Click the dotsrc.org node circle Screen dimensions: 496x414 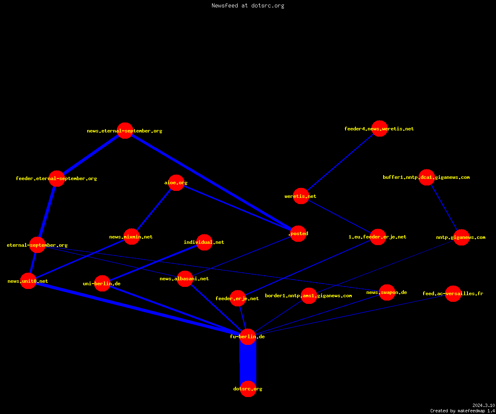pyautogui.click(x=248, y=389)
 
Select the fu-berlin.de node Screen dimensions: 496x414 pyautogui.click(x=248, y=337)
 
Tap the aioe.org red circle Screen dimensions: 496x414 pyautogui.click(x=176, y=183)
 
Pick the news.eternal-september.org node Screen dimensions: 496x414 pyautogui.click(x=125, y=131)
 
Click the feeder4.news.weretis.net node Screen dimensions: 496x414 pyautogui.click(x=379, y=128)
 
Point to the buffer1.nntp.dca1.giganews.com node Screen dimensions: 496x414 pyautogui.click(x=427, y=177)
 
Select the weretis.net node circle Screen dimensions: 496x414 pyautogui.click(x=301, y=196)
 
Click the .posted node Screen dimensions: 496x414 pyautogui.click(x=298, y=233)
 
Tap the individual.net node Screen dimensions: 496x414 pyautogui.click(x=204, y=242)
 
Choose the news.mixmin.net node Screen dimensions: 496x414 pyautogui.click(x=131, y=237)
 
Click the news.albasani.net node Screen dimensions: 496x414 pyautogui.click(x=185, y=279)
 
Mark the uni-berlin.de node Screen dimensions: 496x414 pyautogui.click(x=103, y=283)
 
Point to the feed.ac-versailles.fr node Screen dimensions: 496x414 pyautogui.click(x=453, y=294)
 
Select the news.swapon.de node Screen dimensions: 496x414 pyautogui.click(x=387, y=292)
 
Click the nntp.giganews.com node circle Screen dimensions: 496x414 pyautogui.click(x=462, y=237)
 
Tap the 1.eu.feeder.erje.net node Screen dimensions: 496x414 pyautogui.click(x=378, y=237)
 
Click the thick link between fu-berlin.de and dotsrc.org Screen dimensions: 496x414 pyautogui.click(x=248, y=363)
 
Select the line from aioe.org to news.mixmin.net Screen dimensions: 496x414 pyautogui.click(x=154, y=210)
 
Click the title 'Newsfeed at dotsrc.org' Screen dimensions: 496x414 pyautogui.click(x=248, y=5)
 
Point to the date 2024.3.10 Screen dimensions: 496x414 pyautogui.click(x=484, y=405)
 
